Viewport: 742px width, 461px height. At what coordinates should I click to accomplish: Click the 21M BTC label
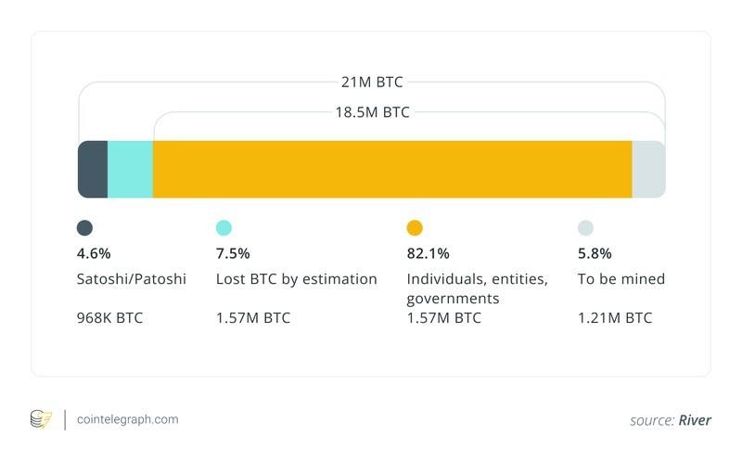(372, 83)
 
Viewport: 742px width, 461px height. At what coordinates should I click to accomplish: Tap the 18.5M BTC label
(372, 112)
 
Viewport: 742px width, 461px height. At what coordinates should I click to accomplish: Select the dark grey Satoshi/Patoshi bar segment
(93, 169)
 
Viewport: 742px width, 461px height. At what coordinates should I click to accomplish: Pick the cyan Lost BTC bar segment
(130, 169)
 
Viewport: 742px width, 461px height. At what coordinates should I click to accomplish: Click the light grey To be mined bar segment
(648, 169)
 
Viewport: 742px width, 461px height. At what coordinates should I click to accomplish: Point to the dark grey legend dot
(84, 228)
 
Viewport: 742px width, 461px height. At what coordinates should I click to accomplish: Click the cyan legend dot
(224, 228)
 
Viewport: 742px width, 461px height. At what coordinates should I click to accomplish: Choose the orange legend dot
(415, 228)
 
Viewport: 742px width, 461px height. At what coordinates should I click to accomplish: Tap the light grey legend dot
(585, 228)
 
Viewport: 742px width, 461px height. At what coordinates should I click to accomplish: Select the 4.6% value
(94, 253)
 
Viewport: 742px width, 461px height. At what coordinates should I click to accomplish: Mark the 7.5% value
(233, 253)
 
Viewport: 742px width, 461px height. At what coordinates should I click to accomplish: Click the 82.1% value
(428, 253)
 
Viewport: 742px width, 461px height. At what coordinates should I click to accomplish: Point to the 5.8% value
(595, 253)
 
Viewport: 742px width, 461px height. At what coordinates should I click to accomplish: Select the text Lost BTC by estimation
(296, 278)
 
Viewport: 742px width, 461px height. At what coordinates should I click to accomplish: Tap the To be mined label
(620, 278)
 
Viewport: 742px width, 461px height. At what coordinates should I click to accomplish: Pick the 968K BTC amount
(109, 318)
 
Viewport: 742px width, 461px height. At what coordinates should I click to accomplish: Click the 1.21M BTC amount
(614, 318)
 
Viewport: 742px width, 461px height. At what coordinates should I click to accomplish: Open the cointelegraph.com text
(127, 419)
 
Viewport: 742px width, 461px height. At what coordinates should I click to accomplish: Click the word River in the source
(694, 420)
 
